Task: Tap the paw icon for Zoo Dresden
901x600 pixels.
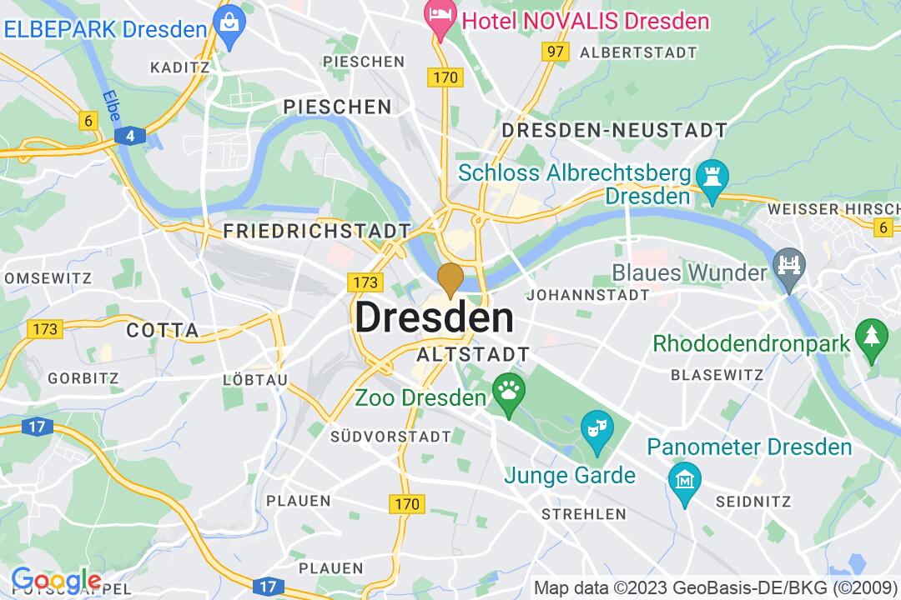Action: pyautogui.click(x=507, y=387)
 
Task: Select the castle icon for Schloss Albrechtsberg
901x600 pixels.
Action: pyautogui.click(x=712, y=177)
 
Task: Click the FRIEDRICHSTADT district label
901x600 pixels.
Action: pyautogui.click(x=317, y=231)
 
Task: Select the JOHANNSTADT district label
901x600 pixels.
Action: pyautogui.click(x=588, y=295)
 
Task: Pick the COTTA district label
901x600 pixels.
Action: pyautogui.click(x=163, y=330)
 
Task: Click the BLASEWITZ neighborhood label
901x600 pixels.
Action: pyautogui.click(x=717, y=374)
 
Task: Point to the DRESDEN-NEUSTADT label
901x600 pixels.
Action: pyautogui.click(x=614, y=130)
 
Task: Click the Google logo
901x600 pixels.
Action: pyautogui.click(x=56, y=580)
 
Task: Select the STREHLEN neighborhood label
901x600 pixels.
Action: pyautogui.click(x=583, y=514)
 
